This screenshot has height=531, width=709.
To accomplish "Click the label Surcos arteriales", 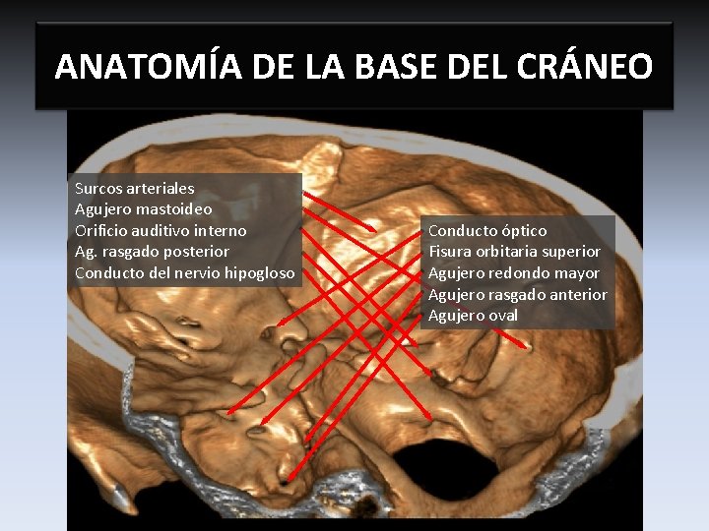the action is click(135, 188).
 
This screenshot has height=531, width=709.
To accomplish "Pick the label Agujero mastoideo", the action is click(144, 209).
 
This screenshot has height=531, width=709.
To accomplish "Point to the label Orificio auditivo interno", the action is click(161, 230).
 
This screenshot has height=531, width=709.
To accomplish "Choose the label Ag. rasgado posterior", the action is click(152, 252).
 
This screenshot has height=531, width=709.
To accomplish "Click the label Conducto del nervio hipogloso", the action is click(185, 273).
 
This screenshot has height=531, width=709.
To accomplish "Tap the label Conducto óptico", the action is click(487, 230).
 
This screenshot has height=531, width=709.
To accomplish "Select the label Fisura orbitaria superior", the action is click(514, 252).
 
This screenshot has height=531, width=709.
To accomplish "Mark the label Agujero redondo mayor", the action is click(514, 273).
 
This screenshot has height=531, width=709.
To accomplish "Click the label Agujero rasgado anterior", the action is click(518, 295).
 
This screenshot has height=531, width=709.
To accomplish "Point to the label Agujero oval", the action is click(473, 316).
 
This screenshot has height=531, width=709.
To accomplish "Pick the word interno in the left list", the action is click(221, 230).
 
